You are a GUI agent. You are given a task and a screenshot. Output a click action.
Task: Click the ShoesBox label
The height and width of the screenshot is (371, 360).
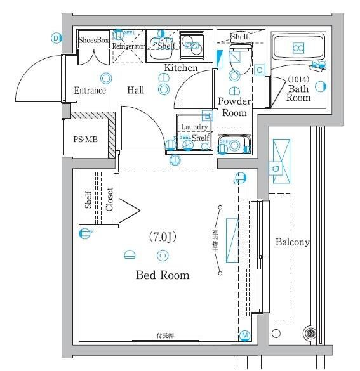pyautogui.click(x=93, y=40)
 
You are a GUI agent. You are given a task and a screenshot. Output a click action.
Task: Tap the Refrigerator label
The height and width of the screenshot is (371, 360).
pyautogui.click(x=129, y=47)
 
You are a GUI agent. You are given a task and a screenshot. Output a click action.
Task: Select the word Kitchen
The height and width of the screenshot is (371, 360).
pyautogui.click(x=181, y=68)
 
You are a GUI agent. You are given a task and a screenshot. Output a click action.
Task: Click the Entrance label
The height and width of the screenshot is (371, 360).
pyautogui.click(x=90, y=91)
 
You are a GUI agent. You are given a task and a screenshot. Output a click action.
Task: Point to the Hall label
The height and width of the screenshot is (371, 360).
pyautogui.click(x=136, y=91)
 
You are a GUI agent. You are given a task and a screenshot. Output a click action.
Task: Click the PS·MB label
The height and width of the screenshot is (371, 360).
pyautogui.click(x=85, y=139)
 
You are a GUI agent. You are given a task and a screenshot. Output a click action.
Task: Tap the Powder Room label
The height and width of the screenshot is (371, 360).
pyautogui.click(x=234, y=107)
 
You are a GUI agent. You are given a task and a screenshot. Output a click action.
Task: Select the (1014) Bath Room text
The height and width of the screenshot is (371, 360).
pyautogui.click(x=298, y=89)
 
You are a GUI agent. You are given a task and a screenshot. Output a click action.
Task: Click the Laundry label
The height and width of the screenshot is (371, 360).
pyautogui.click(x=194, y=127)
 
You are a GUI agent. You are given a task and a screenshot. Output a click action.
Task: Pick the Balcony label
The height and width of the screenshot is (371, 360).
pyautogui.click(x=292, y=242)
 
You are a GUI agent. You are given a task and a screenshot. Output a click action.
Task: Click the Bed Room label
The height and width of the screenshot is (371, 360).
pyautogui.click(x=163, y=275)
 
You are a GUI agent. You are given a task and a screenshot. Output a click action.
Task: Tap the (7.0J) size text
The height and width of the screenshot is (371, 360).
pyautogui.click(x=162, y=237)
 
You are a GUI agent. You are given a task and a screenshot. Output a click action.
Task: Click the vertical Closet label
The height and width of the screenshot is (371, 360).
pyautogui.click(x=109, y=199)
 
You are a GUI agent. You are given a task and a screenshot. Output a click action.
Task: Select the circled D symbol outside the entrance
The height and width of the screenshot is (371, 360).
pyautogui.click(x=56, y=38)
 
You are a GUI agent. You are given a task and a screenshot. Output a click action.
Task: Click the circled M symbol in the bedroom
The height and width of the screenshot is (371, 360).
pyautogui.click(x=244, y=335)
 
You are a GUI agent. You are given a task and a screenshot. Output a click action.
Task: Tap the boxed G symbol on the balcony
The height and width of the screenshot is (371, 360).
pyautogui.click(x=276, y=168)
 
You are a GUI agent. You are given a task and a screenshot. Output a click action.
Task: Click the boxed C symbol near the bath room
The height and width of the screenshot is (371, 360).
pyautogui.click(x=259, y=70)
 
